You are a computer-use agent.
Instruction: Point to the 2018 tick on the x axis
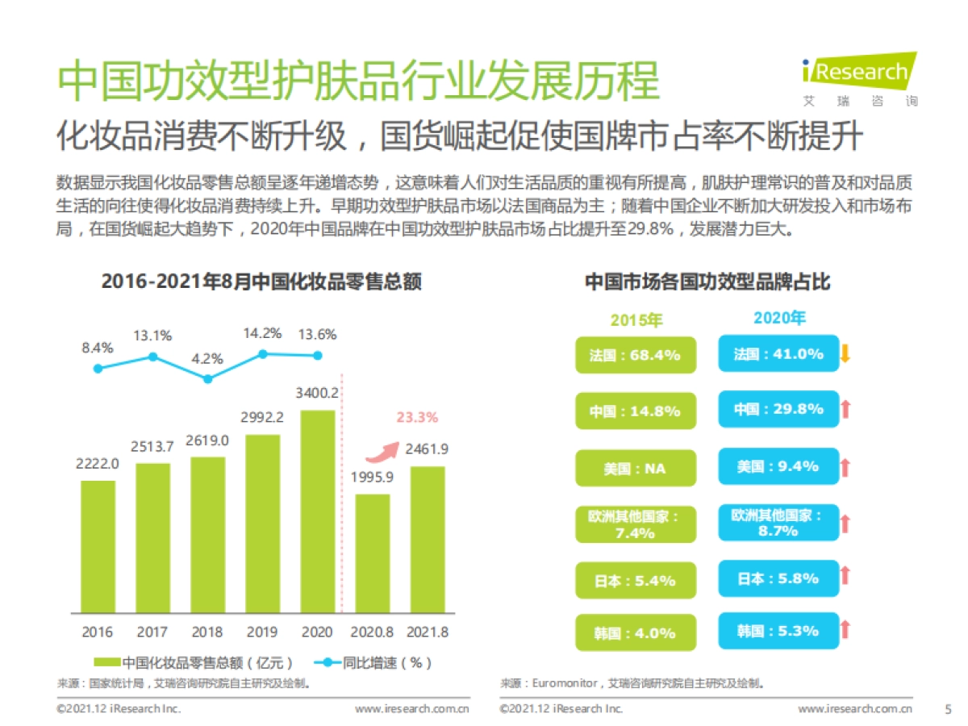coord(207,632)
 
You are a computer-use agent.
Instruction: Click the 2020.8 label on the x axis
coord(372,632)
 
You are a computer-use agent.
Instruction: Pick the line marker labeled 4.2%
coord(207,378)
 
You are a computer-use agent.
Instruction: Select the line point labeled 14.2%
coord(262,353)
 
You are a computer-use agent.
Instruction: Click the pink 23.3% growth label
coord(417,417)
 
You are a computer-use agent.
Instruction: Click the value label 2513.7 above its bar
coord(152,446)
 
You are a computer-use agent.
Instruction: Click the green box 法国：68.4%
coord(635,355)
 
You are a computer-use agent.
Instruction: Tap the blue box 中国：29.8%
coord(778,410)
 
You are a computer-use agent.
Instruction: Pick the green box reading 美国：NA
coord(635,468)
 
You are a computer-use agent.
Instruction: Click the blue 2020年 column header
coord(779,318)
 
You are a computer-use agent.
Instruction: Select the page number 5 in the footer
coord(948,709)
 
